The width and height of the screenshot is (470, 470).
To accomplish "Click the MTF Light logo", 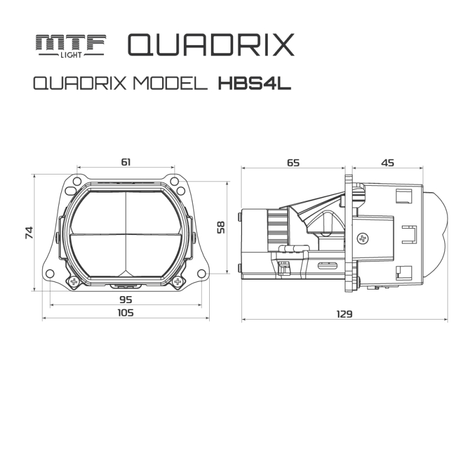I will (70, 45).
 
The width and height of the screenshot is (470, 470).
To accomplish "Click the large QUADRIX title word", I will (210, 45).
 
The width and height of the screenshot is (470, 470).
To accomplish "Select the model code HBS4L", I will (254, 85).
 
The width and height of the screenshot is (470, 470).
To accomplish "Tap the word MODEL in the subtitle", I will (170, 85).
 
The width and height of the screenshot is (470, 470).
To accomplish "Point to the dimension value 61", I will (126, 162).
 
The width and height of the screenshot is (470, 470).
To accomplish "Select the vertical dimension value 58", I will (221, 227).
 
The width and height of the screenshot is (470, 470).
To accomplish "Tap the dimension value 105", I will (126, 313).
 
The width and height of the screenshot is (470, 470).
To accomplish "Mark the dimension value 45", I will (387, 163).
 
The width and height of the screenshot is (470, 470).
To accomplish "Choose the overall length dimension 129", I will (344, 314).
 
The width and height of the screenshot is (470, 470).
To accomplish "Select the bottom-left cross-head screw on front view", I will (75, 281).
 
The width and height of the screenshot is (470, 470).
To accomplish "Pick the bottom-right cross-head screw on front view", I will (177, 281).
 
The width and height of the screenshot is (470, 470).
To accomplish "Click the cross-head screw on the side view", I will (363, 238).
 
